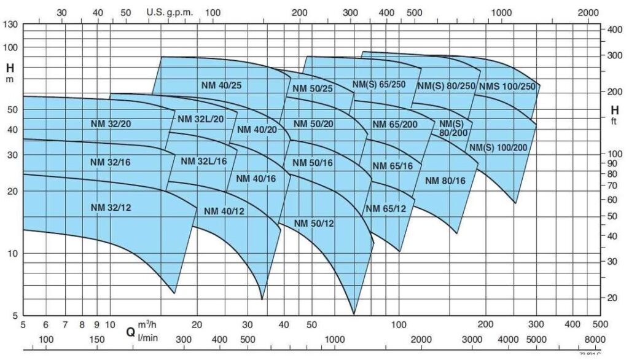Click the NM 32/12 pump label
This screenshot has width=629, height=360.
[111, 208]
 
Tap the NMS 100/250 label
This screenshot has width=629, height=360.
[507, 86]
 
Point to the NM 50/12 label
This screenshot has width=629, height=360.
[313, 223]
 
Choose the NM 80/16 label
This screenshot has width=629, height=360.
[445, 181]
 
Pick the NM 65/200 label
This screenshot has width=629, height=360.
[395, 125]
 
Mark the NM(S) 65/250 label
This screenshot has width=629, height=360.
[379, 84]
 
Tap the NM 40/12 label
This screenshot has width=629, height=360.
[224, 211]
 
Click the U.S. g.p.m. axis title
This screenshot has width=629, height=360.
[170, 12]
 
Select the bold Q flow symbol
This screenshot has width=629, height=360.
[131, 332]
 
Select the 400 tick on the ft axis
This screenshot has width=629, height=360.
[615, 29]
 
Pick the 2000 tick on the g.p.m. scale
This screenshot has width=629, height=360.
[588, 12]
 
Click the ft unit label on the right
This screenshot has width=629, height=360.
[614, 122]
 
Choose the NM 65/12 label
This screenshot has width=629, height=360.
[386, 209]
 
